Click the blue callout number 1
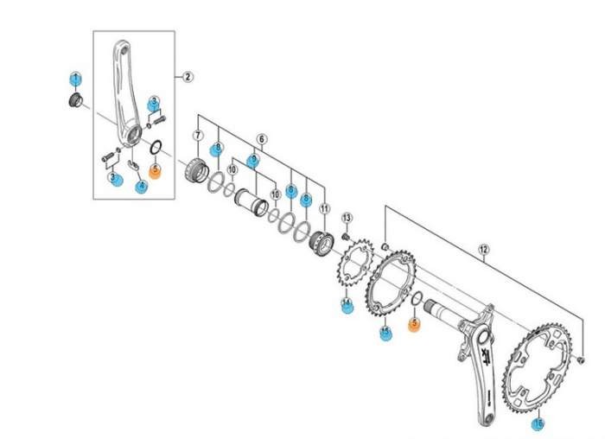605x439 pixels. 75,79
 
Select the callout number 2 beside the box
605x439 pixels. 188,76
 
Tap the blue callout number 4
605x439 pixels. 141,186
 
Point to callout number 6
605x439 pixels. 261,138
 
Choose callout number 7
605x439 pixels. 198,136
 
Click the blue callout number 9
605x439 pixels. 252,160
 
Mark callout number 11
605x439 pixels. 325,209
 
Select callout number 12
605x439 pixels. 483,251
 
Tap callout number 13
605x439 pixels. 347,217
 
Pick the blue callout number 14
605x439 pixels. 347,305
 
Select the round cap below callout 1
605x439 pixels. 74,103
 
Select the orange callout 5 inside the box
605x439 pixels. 155,170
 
